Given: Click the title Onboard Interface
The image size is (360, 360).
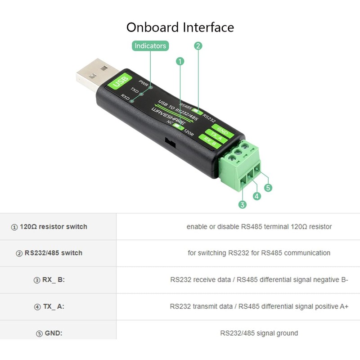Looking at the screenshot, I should click(x=180, y=27).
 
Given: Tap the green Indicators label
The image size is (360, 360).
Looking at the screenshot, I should click(x=150, y=45).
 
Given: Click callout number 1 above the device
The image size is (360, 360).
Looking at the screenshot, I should click(x=180, y=61).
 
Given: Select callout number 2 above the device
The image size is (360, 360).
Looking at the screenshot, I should click(x=198, y=45).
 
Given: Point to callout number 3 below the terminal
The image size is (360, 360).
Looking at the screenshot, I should click(x=243, y=205).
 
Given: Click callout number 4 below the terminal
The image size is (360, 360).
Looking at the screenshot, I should click(x=257, y=196).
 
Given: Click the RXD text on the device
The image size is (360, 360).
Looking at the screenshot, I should click(x=125, y=97).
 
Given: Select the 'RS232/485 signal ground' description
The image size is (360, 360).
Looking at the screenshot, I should click(x=259, y=333).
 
